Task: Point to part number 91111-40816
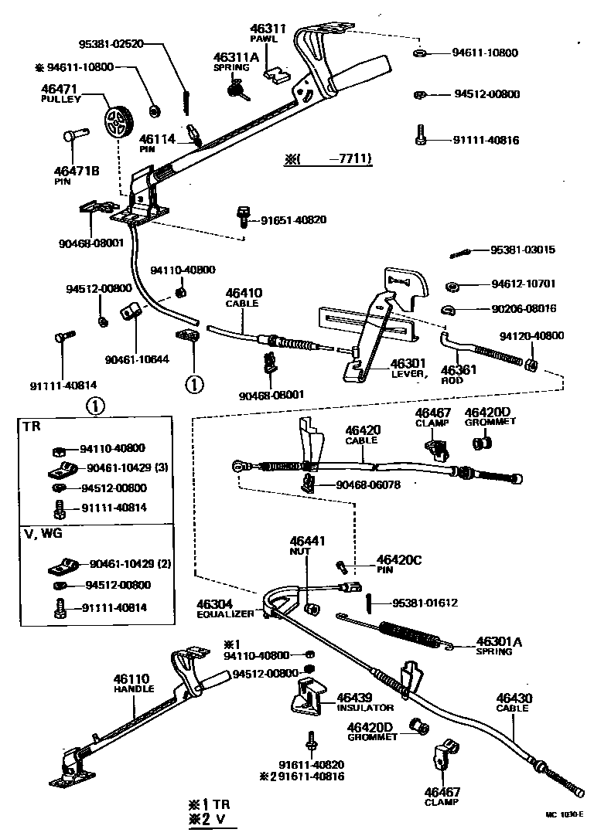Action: pos(486,141)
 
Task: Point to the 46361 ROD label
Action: pos(459,375)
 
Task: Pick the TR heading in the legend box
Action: pos(32,426)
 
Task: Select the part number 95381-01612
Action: pos(425,603)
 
